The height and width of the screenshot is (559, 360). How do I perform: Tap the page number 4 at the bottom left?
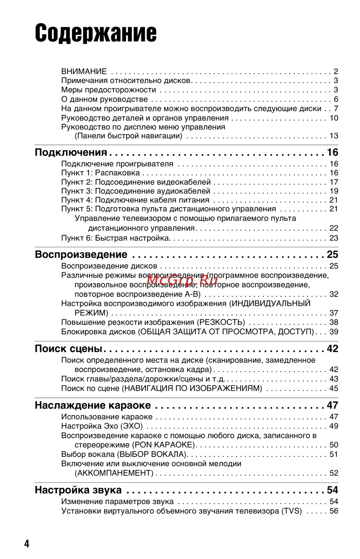pos(27,543)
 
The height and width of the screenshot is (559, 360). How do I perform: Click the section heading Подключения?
pos(71,153)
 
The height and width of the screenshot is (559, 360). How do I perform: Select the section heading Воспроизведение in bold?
pos(81,255)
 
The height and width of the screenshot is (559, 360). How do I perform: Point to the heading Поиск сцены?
pos(68,349)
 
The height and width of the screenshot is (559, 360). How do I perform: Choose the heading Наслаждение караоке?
pos(93,405)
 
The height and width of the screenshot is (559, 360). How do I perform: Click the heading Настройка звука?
pos(78,490)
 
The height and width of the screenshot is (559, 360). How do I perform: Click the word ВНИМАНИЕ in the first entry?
pos(84,71)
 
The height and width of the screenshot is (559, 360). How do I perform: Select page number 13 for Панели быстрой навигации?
pos(334,136)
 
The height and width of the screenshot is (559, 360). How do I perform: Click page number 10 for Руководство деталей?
pos(334,118)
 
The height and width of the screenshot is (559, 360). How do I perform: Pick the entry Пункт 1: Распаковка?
pos(100,173)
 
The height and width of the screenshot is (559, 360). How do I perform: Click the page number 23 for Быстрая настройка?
pos(334,238)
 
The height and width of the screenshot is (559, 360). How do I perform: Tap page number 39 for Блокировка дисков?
pos(334,332)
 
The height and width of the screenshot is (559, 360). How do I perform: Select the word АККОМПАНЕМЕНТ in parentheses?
pos(114,473)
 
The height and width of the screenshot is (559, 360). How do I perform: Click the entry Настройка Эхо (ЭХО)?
pos(102,426)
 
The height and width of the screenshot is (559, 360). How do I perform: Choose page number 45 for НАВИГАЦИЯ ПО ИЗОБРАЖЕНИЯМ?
pos(334,388)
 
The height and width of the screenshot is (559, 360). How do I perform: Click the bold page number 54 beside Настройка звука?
pos(332,490)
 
